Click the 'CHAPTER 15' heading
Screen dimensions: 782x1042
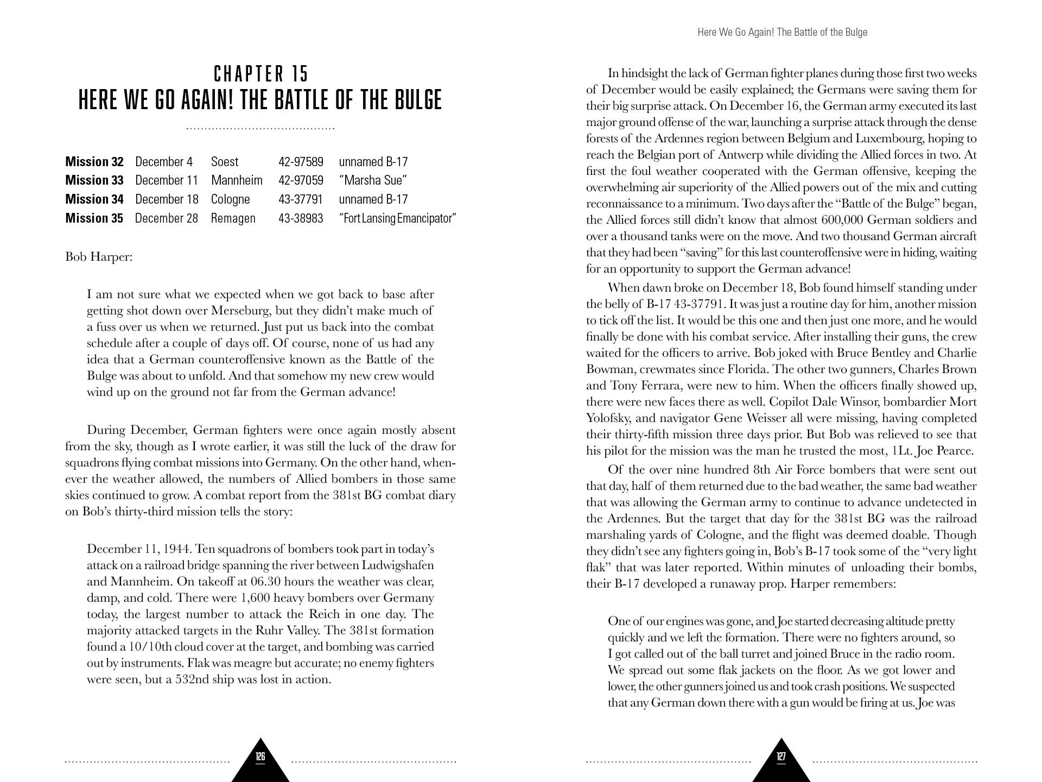click(x=260, y=73)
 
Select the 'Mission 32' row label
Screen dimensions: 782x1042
click(x=94, y=162)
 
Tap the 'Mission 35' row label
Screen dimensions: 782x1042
click(x=94, y=218)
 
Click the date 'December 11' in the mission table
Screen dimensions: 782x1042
click(x=166, y=180)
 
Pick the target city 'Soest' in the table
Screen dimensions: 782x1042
click(x=225, y=162)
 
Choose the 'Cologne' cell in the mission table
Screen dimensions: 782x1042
click(x=230, y=199)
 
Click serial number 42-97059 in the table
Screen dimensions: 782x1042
click(x=301, y=180)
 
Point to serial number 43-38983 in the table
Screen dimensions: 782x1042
click(x=301, y=218)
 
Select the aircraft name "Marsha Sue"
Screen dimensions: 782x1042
click(x=373, y=180)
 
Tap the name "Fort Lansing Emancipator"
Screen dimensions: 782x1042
click(x=397, y=218)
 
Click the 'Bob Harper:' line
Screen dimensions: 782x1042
click(x=98, y=256)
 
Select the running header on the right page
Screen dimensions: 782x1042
click(x=782, y=33)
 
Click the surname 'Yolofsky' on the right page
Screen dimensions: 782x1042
click(x=609, y=418)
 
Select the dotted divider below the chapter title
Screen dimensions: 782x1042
click(x=260, y=129)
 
